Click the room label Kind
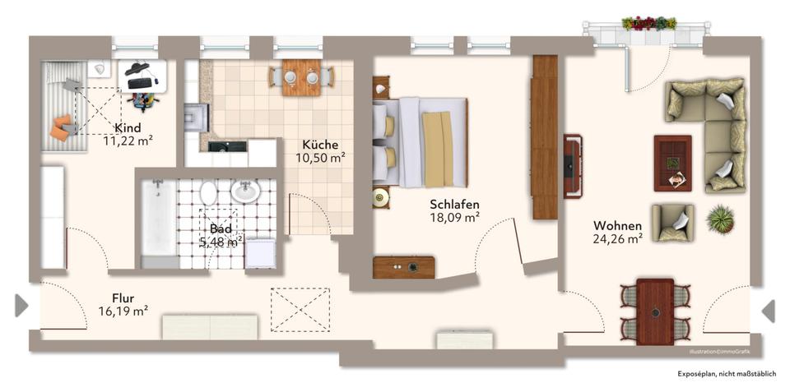(x=128, y=127)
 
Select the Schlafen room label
(x=454, y=204)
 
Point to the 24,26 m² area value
(x=617, y=239)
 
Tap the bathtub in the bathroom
(x=158, y=219)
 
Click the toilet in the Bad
(x=209, y=193)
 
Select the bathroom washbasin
(x=244, y=191)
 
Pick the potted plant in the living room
(x=719, y=219)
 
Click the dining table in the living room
(x=655, y=311)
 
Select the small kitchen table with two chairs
(x=302, y=76)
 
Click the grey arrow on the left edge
(x=21, y=306)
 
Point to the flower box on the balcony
(x=648, y=23)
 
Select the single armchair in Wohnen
(x=672, y=223)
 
